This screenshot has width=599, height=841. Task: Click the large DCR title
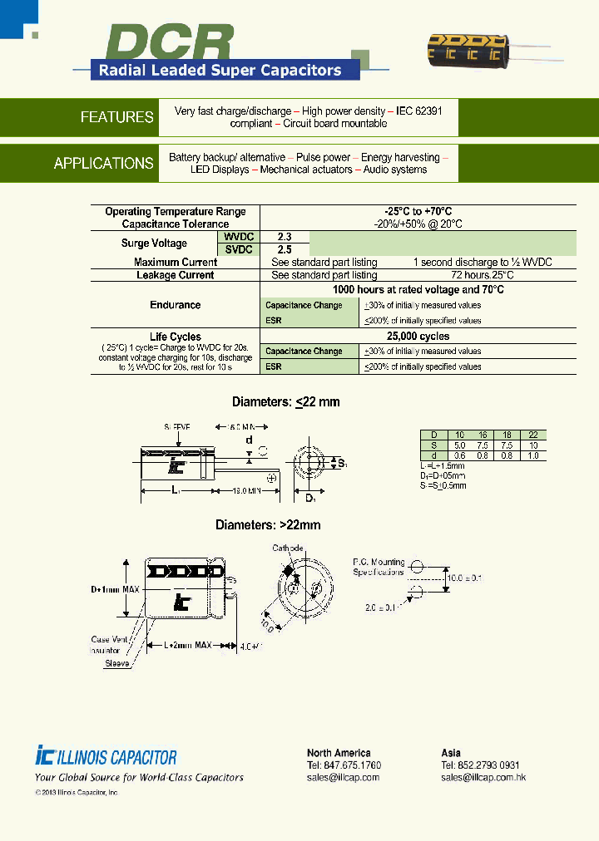click(x=171, y=43)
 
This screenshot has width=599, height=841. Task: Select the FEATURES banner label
click(x=116, y=117)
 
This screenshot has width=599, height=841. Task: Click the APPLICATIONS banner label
click(x=103, y=164)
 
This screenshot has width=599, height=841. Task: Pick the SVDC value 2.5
click(x=285, y=249)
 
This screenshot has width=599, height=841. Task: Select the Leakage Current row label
click(x=176, y=275)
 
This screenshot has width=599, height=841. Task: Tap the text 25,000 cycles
click(x=418, y=337)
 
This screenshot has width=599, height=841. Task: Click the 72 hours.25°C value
click(x=483, y=275)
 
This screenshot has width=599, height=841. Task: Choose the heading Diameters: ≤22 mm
click(x=285, y=402)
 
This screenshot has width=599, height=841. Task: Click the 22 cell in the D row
click(x=532, y=435)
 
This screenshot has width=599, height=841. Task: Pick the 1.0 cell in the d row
click(x=532, y=455)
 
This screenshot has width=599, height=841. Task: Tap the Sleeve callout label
click(x=117, y=664)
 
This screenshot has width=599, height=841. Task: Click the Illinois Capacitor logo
click(x=106, y=757)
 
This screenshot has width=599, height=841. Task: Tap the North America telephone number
click(x=344, y=765)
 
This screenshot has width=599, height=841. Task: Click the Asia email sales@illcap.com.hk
click(x=483, y=778)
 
